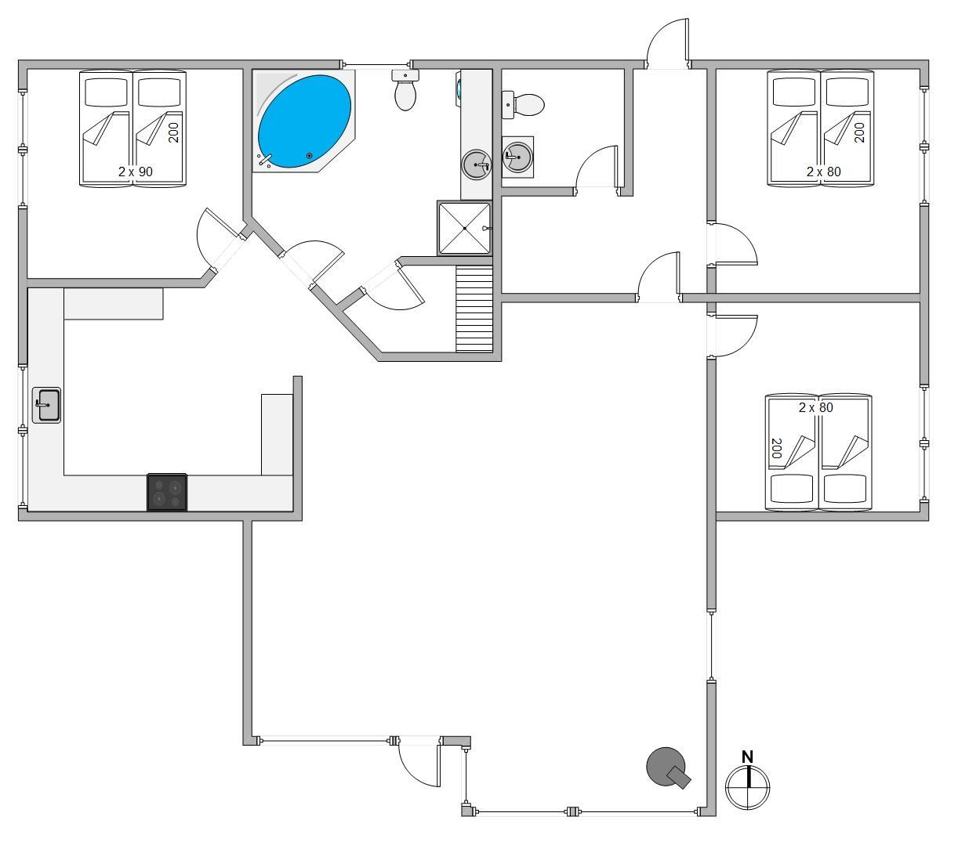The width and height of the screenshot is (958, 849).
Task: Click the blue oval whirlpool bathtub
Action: click(304, 121)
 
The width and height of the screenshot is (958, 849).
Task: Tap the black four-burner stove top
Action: click(167, 492)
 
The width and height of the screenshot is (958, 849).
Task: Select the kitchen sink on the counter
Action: click(46, 405)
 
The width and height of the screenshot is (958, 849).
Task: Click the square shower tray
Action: click(464, 228)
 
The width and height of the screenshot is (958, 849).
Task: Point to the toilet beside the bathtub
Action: click(405, 90)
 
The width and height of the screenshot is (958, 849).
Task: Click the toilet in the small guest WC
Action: click(523, 104)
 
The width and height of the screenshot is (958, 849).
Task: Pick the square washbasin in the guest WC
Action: click(517, 157)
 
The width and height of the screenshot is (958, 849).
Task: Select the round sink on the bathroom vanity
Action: click(476, 165)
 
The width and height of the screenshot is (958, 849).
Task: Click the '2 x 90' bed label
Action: click(136, 172)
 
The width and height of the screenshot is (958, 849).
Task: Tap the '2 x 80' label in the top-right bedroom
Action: click(824, 172)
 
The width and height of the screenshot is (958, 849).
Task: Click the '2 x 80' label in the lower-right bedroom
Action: click(815, 407)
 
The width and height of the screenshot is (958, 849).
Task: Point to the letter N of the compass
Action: click(747, 757)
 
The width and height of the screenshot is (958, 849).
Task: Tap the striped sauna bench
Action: click(474, 309)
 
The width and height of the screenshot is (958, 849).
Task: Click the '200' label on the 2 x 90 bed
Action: click(173, 133)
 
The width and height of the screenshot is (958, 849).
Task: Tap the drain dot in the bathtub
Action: click(309, 156)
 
